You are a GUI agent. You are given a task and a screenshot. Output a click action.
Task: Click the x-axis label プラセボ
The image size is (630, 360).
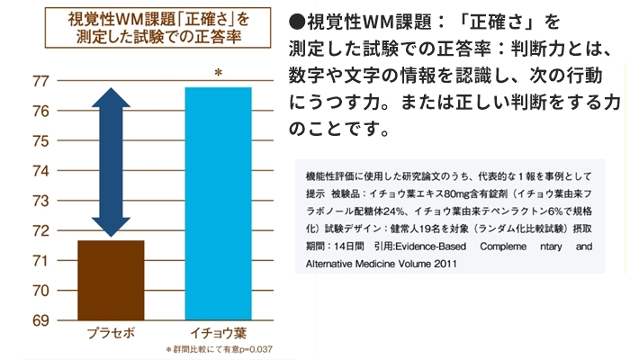pos(111,332)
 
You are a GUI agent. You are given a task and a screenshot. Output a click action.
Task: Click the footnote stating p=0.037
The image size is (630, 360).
pos(205,349)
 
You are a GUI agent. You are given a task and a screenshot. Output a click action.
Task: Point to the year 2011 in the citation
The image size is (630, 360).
pos(444,264)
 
